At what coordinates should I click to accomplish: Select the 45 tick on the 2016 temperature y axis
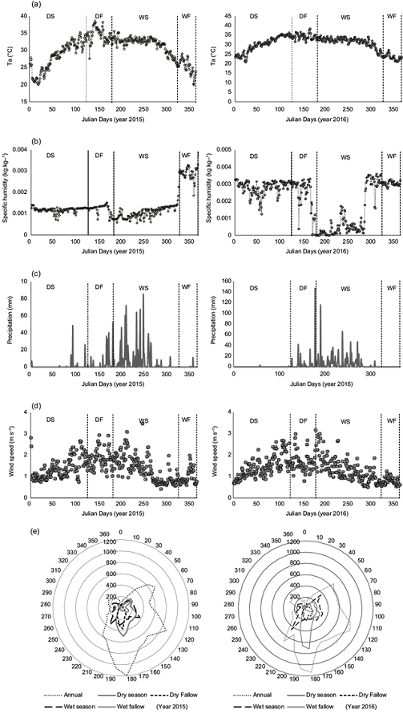point(228,13)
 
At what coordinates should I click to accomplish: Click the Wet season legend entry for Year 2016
point(252,712)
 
